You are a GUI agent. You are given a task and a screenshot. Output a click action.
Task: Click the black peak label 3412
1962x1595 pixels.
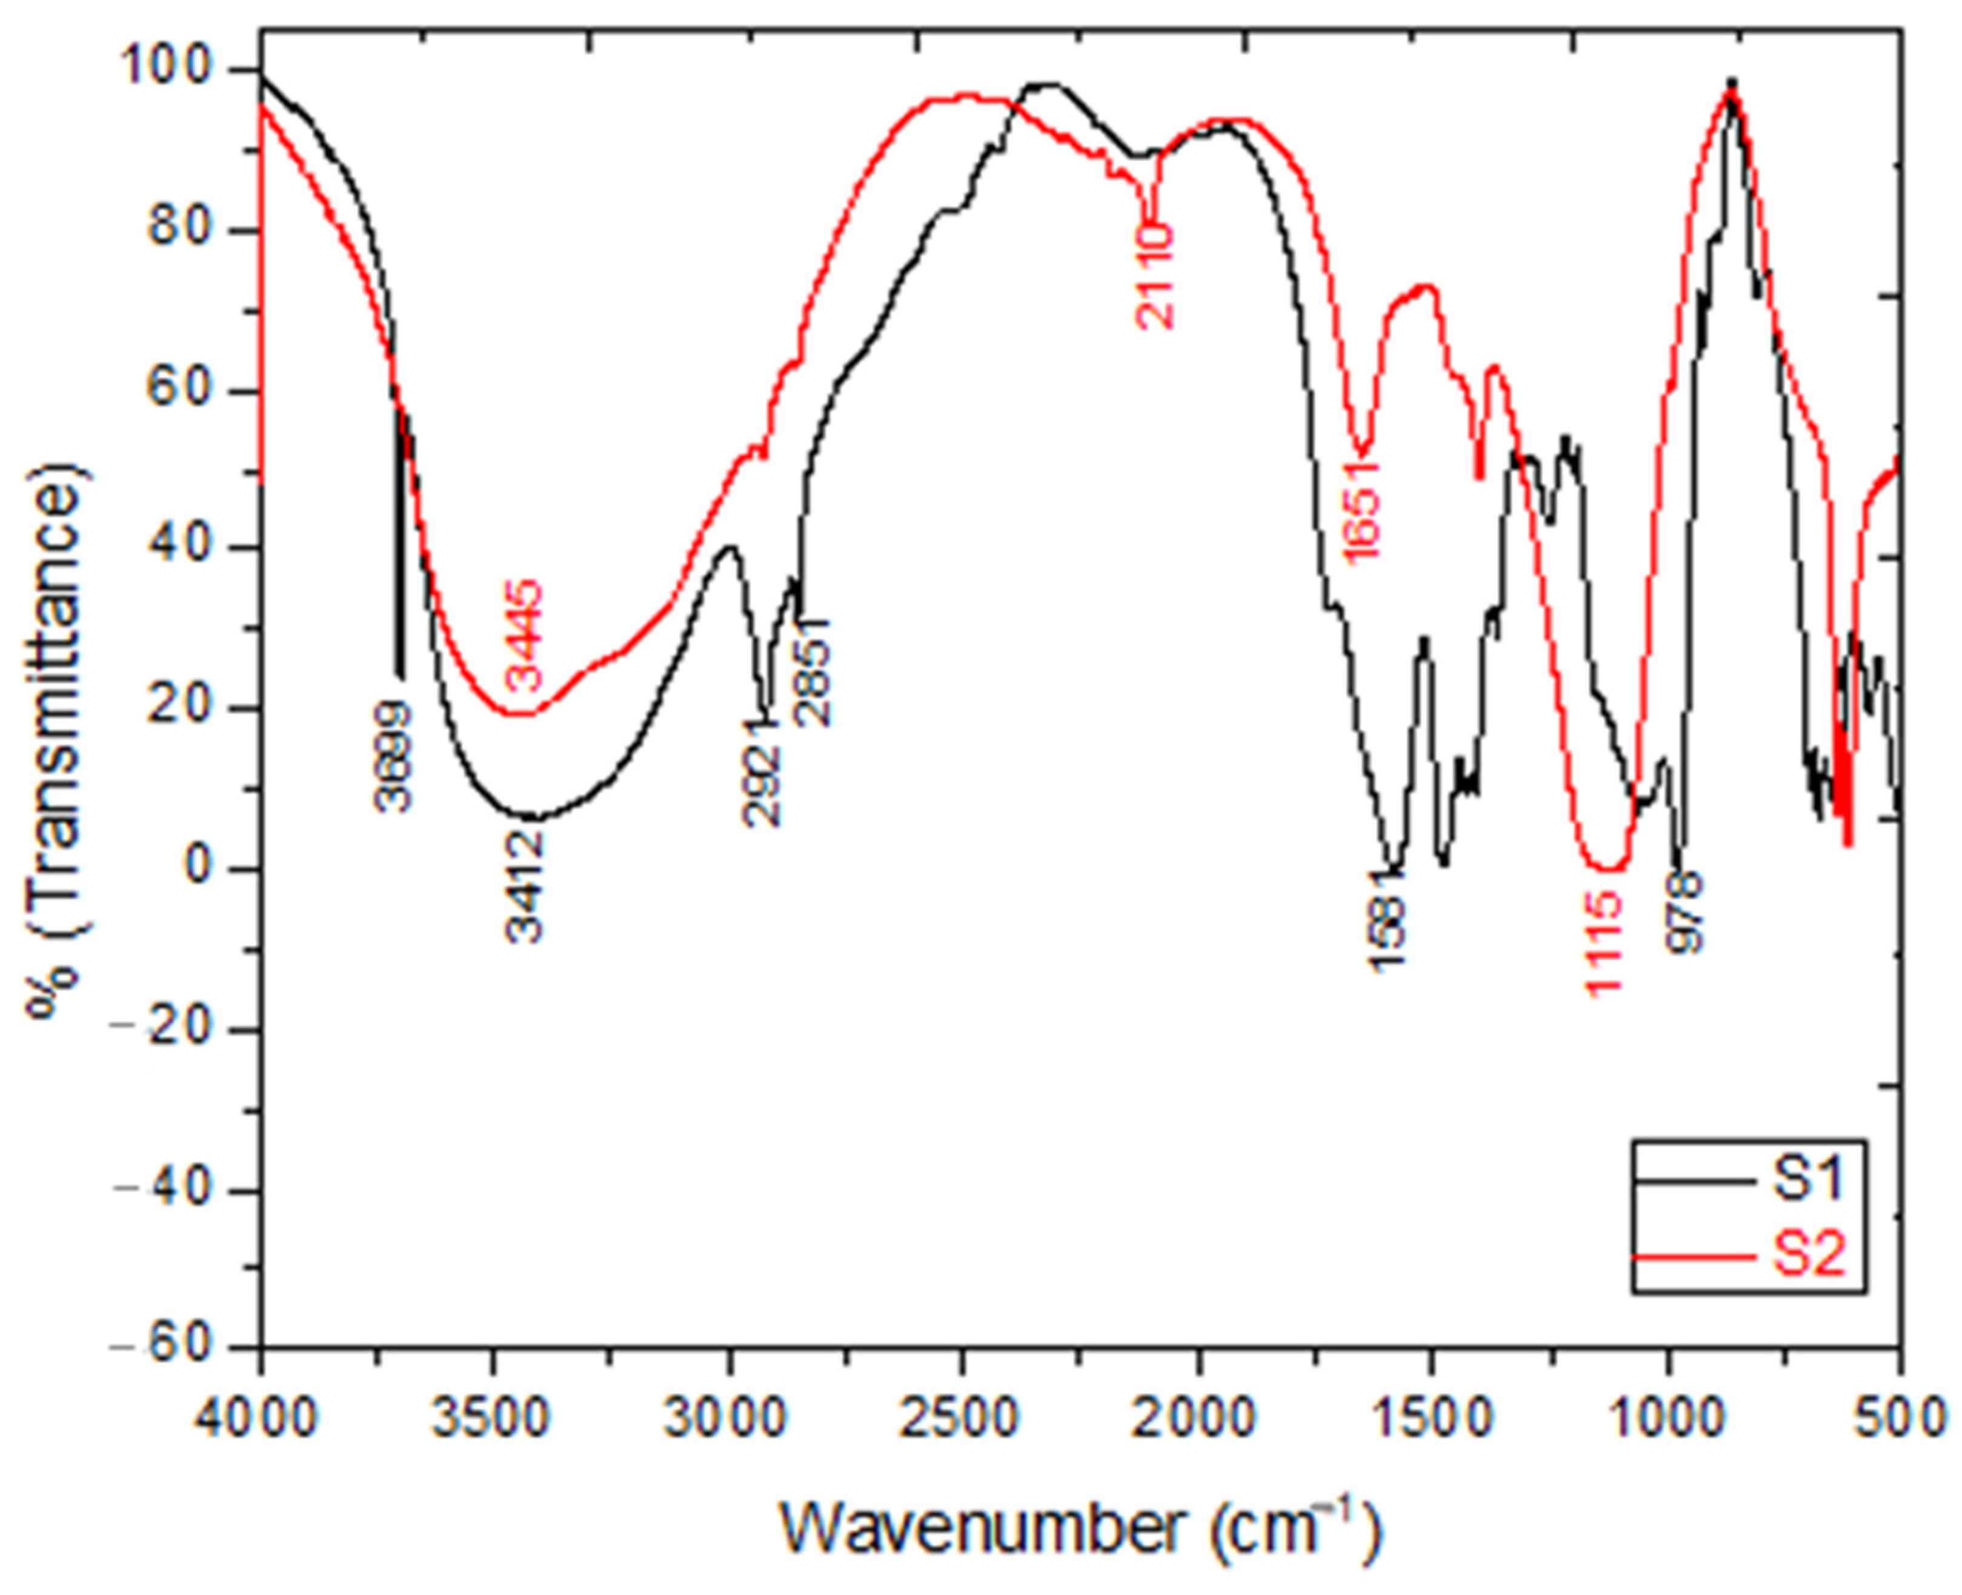pyautogui.click(x=525, y=886)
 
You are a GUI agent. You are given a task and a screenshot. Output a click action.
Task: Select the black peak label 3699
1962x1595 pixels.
pyautogui.click(x=394, y=755)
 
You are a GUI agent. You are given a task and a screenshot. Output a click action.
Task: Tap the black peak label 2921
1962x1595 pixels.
pyautogui.click(x=762, y=774)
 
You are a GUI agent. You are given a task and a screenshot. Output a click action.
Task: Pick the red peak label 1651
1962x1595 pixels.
pyautogui.click(x=1360, y=510)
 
